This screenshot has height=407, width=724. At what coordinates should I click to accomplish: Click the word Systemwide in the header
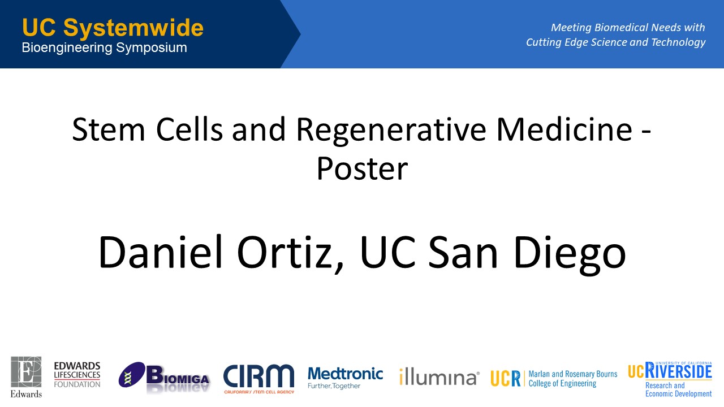coord(133,28)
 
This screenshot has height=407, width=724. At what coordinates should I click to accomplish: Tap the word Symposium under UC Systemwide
coord(152,48)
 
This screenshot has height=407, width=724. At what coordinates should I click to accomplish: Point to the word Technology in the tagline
coord(678,42)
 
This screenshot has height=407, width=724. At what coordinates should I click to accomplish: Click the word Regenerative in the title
coord(391,131)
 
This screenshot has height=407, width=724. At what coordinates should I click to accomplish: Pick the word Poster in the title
coord(362,168)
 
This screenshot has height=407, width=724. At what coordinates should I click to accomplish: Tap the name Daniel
coord(161,252)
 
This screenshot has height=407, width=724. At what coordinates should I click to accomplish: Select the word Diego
coord(570,254)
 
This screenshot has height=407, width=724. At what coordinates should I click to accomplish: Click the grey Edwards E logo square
coord(26,372)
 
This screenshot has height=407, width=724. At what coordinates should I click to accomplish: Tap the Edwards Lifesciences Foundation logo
coord(77,375)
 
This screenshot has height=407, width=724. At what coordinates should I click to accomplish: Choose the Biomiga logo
coord(164,376)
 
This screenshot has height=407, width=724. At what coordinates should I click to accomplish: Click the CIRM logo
coord(259,379)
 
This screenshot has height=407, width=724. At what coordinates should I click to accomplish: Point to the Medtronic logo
coord(345,378)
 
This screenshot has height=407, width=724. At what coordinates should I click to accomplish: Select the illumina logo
coord(439,376)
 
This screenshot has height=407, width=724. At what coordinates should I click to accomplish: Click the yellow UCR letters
coord(506,378)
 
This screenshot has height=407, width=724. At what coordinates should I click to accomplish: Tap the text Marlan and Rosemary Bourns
coord(573,374)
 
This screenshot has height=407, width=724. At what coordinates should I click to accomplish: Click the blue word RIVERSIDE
coord(678,371)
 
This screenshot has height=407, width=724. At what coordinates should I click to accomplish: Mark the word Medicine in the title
coord(564,129)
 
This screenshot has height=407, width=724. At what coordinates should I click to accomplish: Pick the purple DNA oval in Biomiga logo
coord(132,374)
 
